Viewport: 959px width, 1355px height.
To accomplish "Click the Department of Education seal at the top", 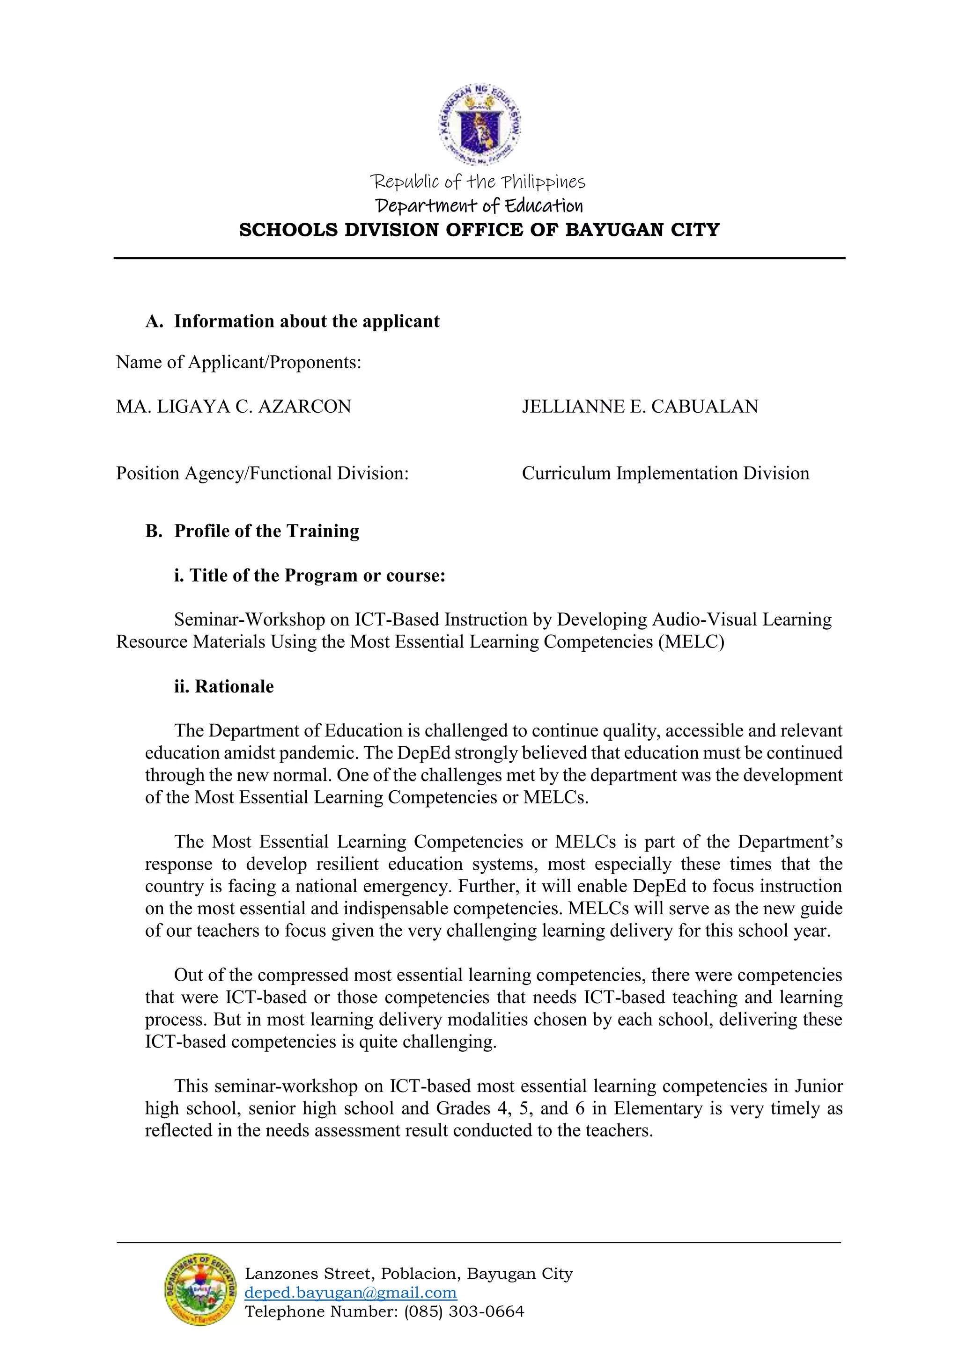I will click(x=479, y=124).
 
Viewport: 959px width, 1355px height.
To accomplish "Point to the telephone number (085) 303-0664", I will click(x=464, y=1311).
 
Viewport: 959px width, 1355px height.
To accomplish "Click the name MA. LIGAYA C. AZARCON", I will click(x=233, y=407).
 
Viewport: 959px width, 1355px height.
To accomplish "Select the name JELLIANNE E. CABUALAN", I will click(x=640, y=407).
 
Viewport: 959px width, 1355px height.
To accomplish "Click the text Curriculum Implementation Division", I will click(x=665, y=474).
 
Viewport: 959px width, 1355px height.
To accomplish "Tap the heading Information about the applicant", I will click(x=307, y=321).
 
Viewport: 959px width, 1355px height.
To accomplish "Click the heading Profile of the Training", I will click(x=266, y=531).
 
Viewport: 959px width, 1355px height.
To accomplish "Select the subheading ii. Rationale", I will click(x=224, y=686).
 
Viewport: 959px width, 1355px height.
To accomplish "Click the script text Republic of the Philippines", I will click(x=477, y=182).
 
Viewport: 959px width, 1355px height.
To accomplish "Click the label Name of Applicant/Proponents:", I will click(x=238, y=362).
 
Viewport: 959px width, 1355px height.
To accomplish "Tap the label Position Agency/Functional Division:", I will click(x=262, y=474).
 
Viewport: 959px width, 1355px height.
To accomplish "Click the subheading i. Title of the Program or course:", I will click(x=310, y=576).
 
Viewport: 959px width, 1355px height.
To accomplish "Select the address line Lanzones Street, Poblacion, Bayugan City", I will click(x=409, y=1274).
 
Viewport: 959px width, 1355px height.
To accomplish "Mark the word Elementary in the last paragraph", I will click(x=658, y=1108).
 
